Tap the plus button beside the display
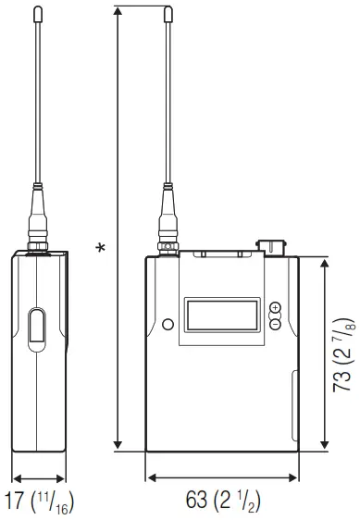275,307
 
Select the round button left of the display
168,324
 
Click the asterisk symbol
103,248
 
